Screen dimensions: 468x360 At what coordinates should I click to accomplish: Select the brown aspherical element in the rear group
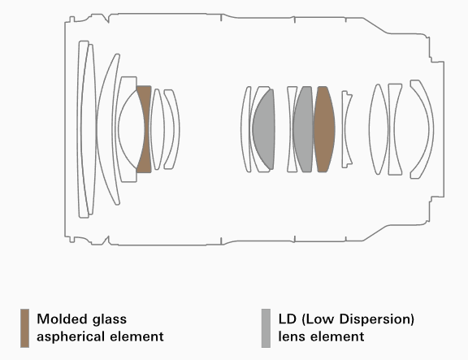324,129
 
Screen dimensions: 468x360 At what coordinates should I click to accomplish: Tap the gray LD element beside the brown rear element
303,129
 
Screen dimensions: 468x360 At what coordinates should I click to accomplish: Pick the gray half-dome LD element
265,129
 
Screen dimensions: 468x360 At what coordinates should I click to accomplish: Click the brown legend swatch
24,328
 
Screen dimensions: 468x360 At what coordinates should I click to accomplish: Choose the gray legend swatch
266,328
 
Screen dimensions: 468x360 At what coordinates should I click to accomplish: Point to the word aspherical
71,336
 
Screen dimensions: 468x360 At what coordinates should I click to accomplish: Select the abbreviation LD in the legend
287,319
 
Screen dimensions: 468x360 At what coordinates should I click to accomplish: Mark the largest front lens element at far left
84,129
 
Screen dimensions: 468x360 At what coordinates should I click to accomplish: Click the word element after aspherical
136,336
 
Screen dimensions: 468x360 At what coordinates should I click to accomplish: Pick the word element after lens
337,336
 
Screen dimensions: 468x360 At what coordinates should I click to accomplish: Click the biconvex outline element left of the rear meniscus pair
379,129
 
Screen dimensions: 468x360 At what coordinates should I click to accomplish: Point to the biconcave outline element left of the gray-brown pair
292,129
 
